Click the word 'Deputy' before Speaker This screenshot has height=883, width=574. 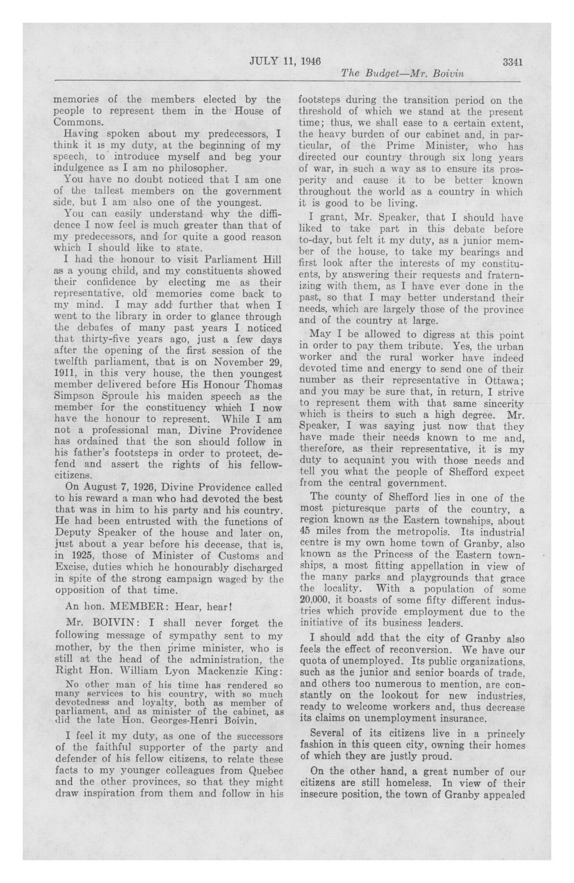(x=73, y=533)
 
